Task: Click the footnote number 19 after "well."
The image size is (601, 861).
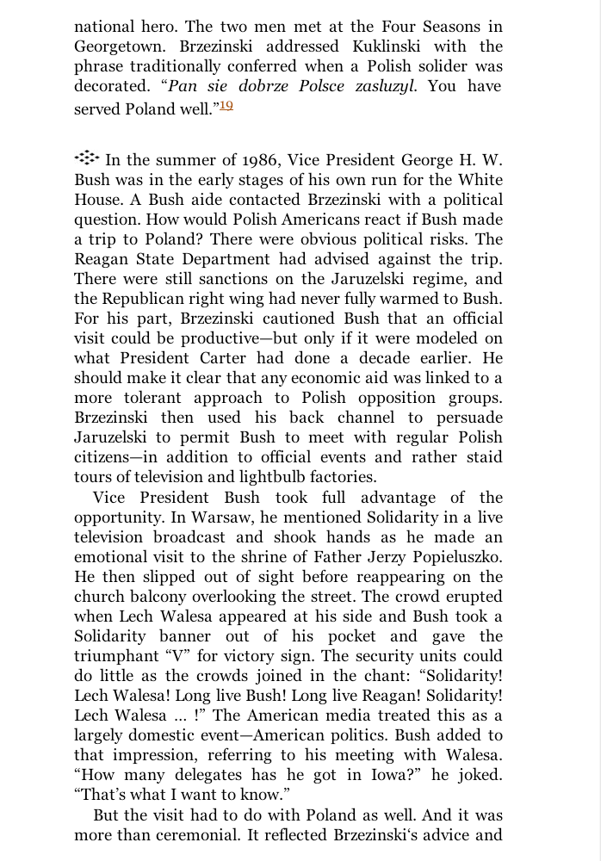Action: [x=226, y=105]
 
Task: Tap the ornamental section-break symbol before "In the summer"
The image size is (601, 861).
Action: [x=86, y=158]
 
